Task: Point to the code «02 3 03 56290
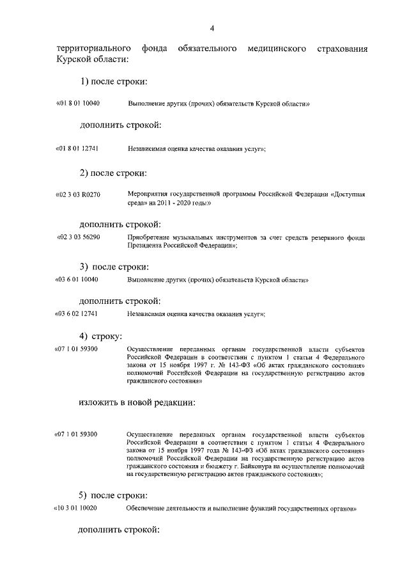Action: coord(78,237)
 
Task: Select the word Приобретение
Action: coord(148,237)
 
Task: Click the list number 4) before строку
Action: coord(83,335)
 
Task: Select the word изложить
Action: coord(99,402)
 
